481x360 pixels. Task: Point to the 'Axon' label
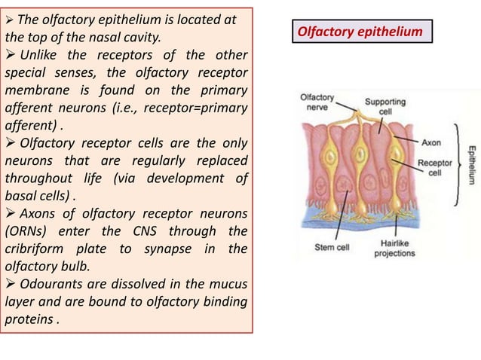(x=430, y=141)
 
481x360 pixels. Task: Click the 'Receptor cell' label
(x=434, y=167)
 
